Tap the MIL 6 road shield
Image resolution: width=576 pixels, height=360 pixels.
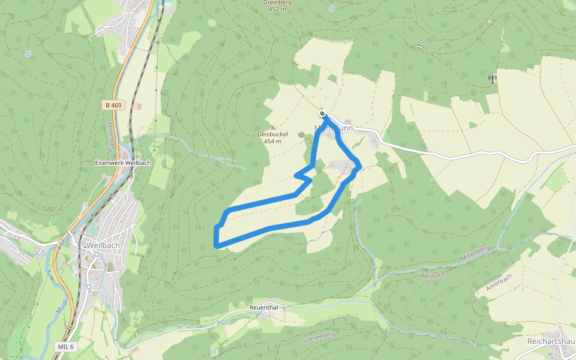tap(66, 347)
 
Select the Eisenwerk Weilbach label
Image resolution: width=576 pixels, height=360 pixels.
tap(122, 163)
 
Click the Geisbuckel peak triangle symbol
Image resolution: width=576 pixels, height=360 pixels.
tap(273, 127)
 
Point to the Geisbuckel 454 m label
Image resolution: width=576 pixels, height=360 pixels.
tap(269, 137)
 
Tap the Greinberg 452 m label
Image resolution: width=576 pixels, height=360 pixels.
tap(277, 6)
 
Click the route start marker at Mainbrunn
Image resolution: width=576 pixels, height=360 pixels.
tap(323, 114)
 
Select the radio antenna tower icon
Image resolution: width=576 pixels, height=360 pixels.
tap(493, 78)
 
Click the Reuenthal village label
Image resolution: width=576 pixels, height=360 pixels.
tap(264, 307)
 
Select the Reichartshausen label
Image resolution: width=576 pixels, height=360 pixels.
tap(551, 340)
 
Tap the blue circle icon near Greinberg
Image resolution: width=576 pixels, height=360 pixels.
tap(332, 8)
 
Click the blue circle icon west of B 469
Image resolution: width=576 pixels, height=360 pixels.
tap(28, 54)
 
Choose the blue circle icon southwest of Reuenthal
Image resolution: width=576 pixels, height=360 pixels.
tap(213, 351)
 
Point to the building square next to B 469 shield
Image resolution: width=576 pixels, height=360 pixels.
tap(138, 106)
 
